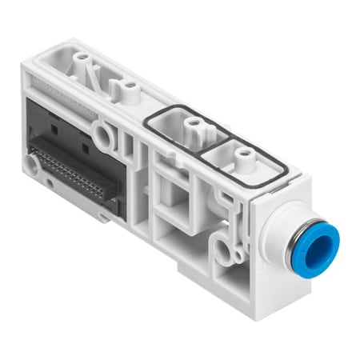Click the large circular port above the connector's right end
[x=102, y=128]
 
